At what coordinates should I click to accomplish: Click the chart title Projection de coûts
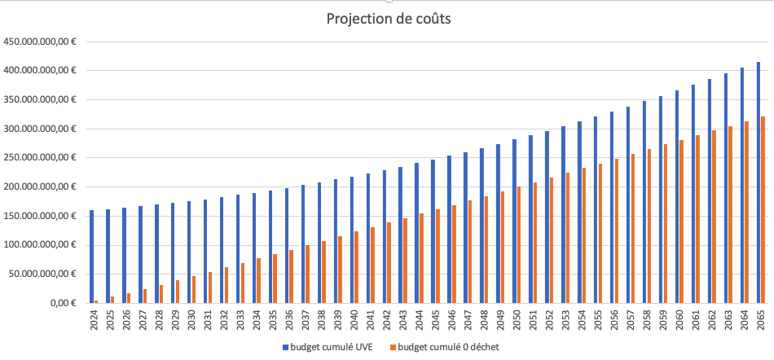(388, 19)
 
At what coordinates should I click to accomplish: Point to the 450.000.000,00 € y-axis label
(40, 42)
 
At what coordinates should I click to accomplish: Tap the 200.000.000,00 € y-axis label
(40, 187)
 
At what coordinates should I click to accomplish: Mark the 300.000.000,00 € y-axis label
(40, 129)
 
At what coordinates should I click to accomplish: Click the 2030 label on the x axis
(191, 318)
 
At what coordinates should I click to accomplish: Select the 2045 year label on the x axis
(436, 318)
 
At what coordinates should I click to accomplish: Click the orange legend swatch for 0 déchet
(392, 347)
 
